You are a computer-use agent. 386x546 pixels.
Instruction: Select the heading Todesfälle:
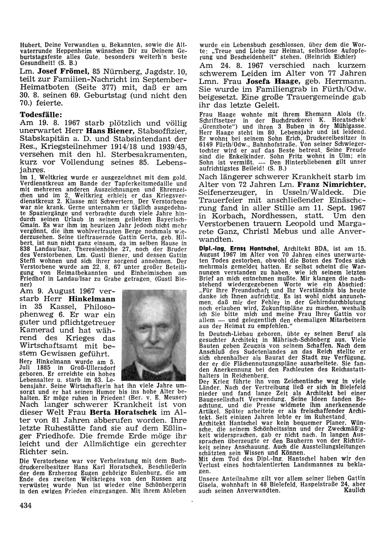(x=41, y=115)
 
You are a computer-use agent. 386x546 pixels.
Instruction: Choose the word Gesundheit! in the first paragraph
(x=34, y=62)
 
